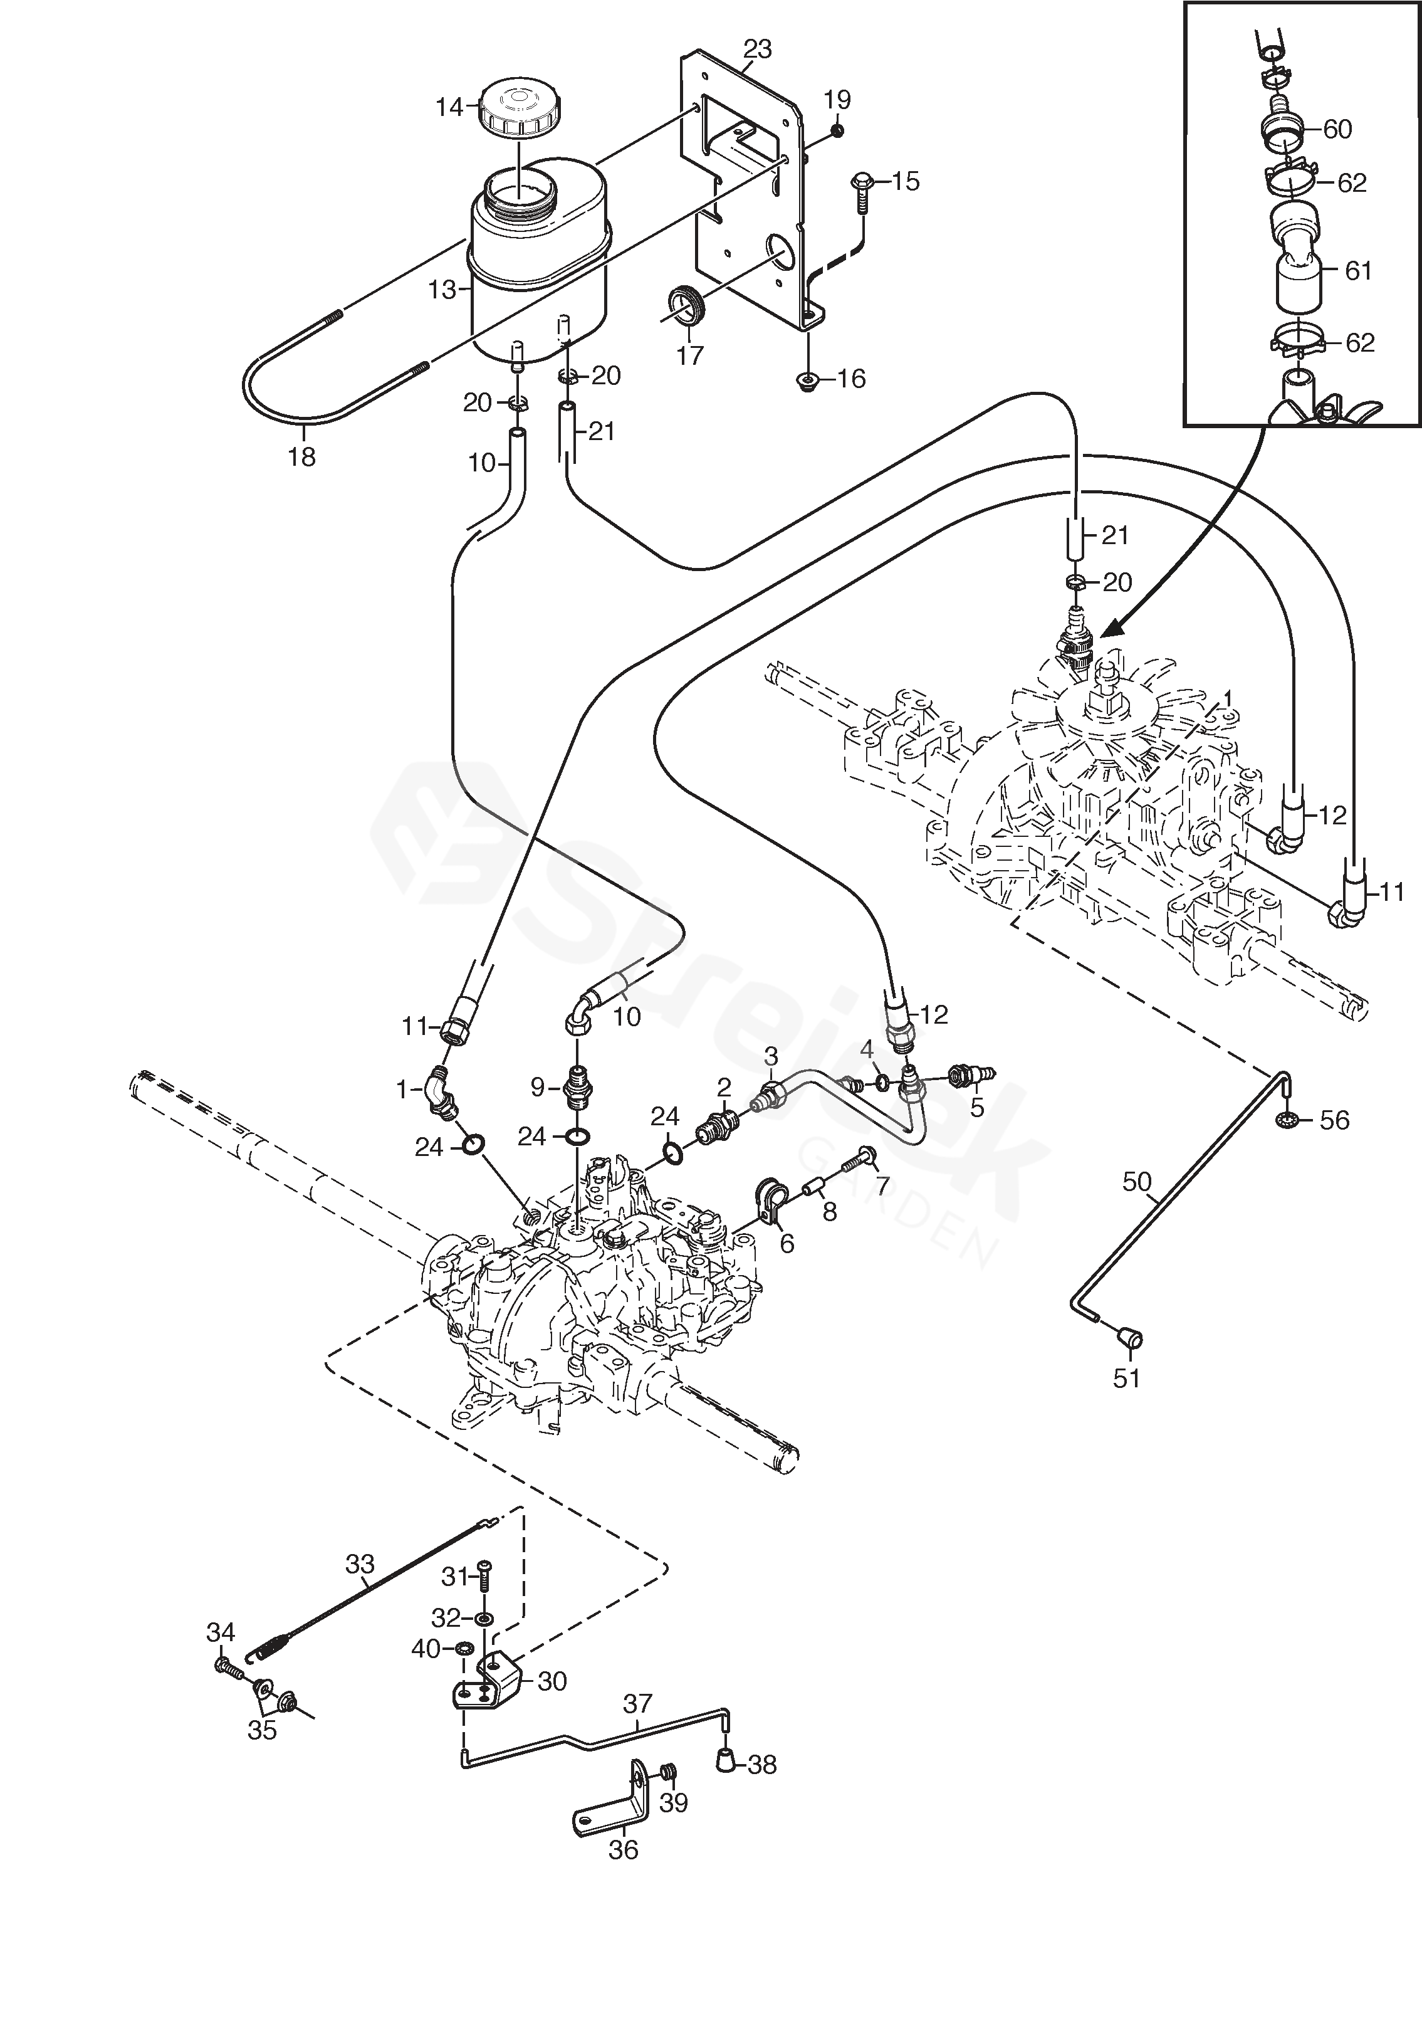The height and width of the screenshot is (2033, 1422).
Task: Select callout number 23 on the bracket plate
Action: tap(757, 49)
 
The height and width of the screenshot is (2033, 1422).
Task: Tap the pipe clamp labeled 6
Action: tap(767, 1202)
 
